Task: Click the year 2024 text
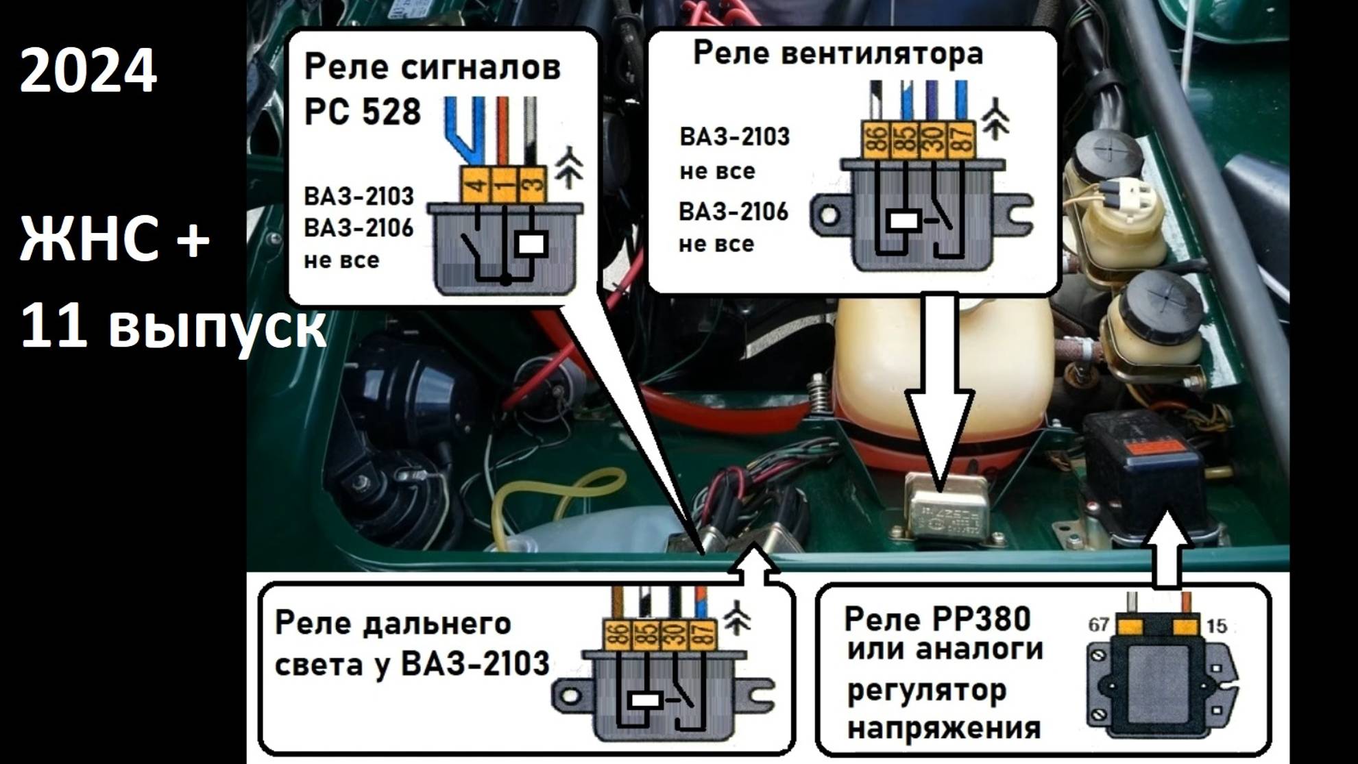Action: pyautogui.click(x=88, y=71)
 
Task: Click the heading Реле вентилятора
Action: pyautogui.click(x=838, y=53)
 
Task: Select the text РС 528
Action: pyautogui.click(x=362, y=111)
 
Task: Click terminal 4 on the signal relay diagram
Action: pyautogui.click(x=477, y=184)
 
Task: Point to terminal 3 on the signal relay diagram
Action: pyautogui.click(x=535, y=184)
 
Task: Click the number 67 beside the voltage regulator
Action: pyautogui.click(x=1098, y=625)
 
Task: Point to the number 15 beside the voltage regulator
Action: pyautogui.click(x=1216, y=626)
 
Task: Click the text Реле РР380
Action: pyautogui.click(x=937, y=619)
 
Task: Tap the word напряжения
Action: pyautogui.click(x=944, y=728)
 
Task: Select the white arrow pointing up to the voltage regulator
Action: pyautogui.click(x=1168, y=548)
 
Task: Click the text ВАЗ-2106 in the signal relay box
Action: pyautogui.click(x=359, y=227)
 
